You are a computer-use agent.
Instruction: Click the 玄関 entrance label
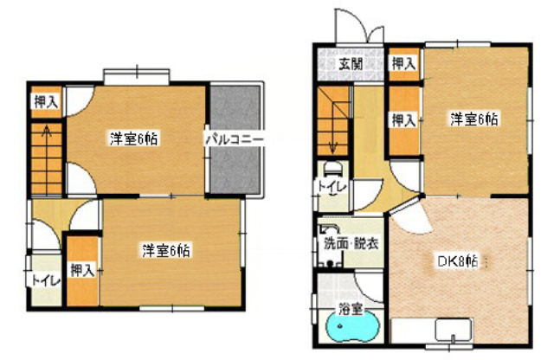pyautogui.click(x=351, y=64)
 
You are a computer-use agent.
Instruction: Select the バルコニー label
pyautogui.click(x=235, y=139)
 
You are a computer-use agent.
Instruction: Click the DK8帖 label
pyautogui.click(x=458, y=262)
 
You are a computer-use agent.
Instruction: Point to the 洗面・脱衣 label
pyautogui.click(x=351, y=243)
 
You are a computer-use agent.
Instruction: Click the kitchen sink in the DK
pyautogui.click(x=454, y=330)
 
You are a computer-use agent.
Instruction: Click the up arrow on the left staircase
pyautogui.click(x=46, y=132)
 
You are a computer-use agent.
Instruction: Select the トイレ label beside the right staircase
pyautogui.click(x=332, y=187)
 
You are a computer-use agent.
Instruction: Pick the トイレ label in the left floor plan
pyautogui.click(x=46, y=281)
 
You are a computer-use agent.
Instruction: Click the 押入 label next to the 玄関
pyautogui.click(x=403, y=64)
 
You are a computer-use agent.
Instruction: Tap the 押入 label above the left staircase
pyautogui.click(x=46, y=102)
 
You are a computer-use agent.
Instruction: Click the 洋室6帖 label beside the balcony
pyautogui.click(x=133, y=138)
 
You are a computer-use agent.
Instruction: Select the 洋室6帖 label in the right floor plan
pyautogui.click(x=473, y=119)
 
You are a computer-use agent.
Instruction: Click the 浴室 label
pyautogui.click(x=350, y=310)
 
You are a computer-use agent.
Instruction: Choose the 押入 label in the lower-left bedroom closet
pyautogui.click(x=82, y=271)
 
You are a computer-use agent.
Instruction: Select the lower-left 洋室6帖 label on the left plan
pyautogui.click(x=166, y=250)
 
